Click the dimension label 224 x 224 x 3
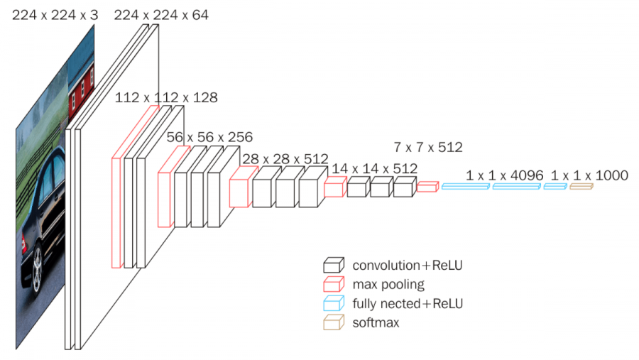tap(55, 13)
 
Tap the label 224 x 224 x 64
tap(161, 13)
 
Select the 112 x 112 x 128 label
tap(166, 97)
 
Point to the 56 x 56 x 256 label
tap(209, 136)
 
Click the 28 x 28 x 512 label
tap(285, 158)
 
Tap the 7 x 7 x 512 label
tap(428, 148)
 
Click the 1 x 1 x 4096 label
tap(505, 175)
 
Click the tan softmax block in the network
tap(580, 186)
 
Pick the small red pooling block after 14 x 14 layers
tap(427, 187)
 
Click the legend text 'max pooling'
tap(388, 285)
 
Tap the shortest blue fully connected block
tap(555, 186)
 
